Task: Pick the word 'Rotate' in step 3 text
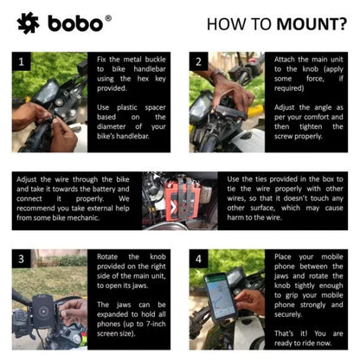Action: coord(112,257)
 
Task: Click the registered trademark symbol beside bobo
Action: coord(108,16)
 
